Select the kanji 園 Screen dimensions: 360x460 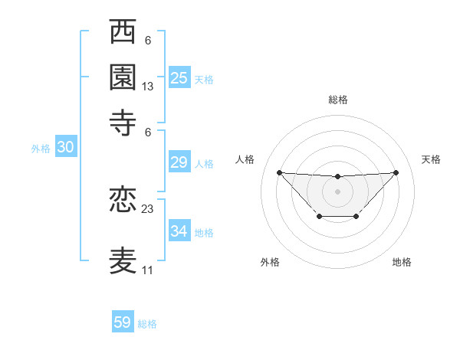tap(123, 77)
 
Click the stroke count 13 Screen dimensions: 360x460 tap(148, 87)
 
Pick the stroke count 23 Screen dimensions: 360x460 tap(148, 208)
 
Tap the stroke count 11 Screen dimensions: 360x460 tap(148, 270)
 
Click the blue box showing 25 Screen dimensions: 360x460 tap(179, 77)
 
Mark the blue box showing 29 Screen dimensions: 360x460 tap(179, 162)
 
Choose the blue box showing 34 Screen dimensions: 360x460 tap(179, 231)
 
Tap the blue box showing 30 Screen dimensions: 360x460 tap(65, 148)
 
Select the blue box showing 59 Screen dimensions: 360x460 tap(123, 322)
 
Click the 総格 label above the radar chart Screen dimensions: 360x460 tap(337, 100)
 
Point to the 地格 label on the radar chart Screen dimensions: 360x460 tap(402, 262)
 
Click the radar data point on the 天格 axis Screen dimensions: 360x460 tap(396, 172)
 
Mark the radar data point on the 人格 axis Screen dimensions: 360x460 tap(279, 172)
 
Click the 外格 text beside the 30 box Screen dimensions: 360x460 tap(41, 149)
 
